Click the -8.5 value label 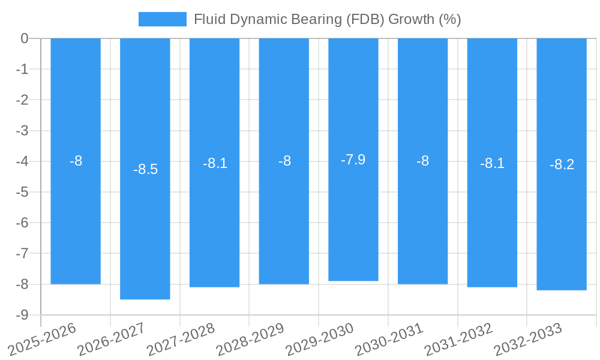coord(145,169)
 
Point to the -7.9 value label coord(353,160)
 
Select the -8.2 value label coord(562,164)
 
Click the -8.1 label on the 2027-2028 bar coord(215,163)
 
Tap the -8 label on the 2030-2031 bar coord(423,161)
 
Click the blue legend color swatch coord(162,19)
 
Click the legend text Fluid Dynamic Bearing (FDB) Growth coord(327,19)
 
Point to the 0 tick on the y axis coord(25,38)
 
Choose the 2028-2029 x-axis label coord(250,339)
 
